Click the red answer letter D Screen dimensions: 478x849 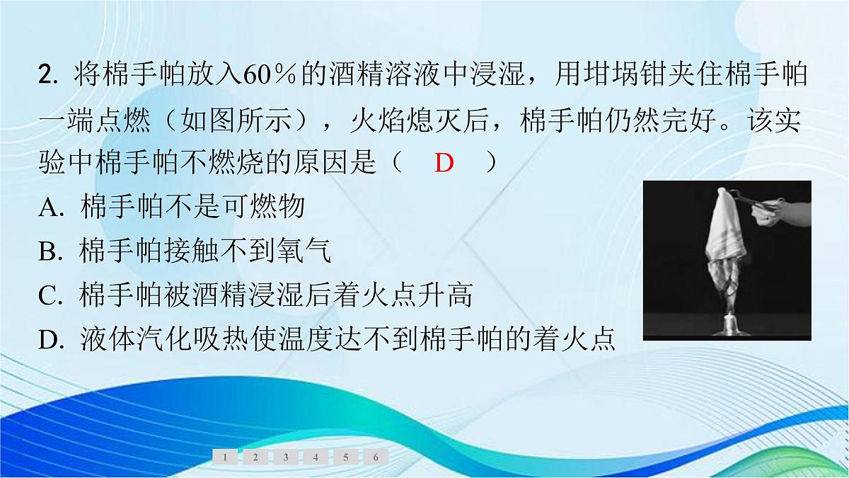click(x=444, y=164)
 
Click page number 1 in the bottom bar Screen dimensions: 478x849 click(x=225, y=457)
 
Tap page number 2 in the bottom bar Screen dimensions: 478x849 click(x=255, y=457)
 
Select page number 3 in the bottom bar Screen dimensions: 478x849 click(x=285, y=457)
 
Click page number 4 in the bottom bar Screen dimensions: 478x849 click(x=316, y=457)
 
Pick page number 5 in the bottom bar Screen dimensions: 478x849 click(x=345, y=457)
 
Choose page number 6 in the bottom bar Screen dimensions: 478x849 click(x=376, y=457)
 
